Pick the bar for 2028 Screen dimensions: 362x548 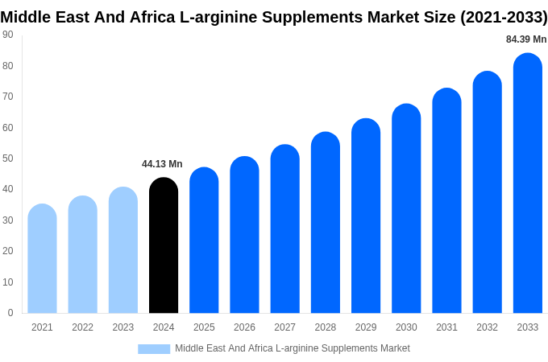click(x=326, y=223)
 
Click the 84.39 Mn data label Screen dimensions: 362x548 click(x=525, y=39)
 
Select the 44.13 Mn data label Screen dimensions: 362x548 click(x=162, y=164)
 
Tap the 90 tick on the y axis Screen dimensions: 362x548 click(x=8, y=35)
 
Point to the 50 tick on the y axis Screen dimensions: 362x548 click(x=8, y=158)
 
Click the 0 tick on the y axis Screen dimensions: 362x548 click(x=10, y=313)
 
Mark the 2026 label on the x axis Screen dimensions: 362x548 click(x=244, y=327)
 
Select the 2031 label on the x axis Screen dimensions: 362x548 click(x=446, y=327)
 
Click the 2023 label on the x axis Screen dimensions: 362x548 click(x=123, y=327)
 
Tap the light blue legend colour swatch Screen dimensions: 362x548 click(x=154, y=349)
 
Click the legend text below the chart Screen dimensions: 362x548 click(x=292, y=348)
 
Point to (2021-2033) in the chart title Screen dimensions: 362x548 click(x=504, y=17)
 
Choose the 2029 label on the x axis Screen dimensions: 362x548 click(x=366, y=327)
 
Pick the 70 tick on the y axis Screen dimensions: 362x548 click(x=8, y=97)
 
